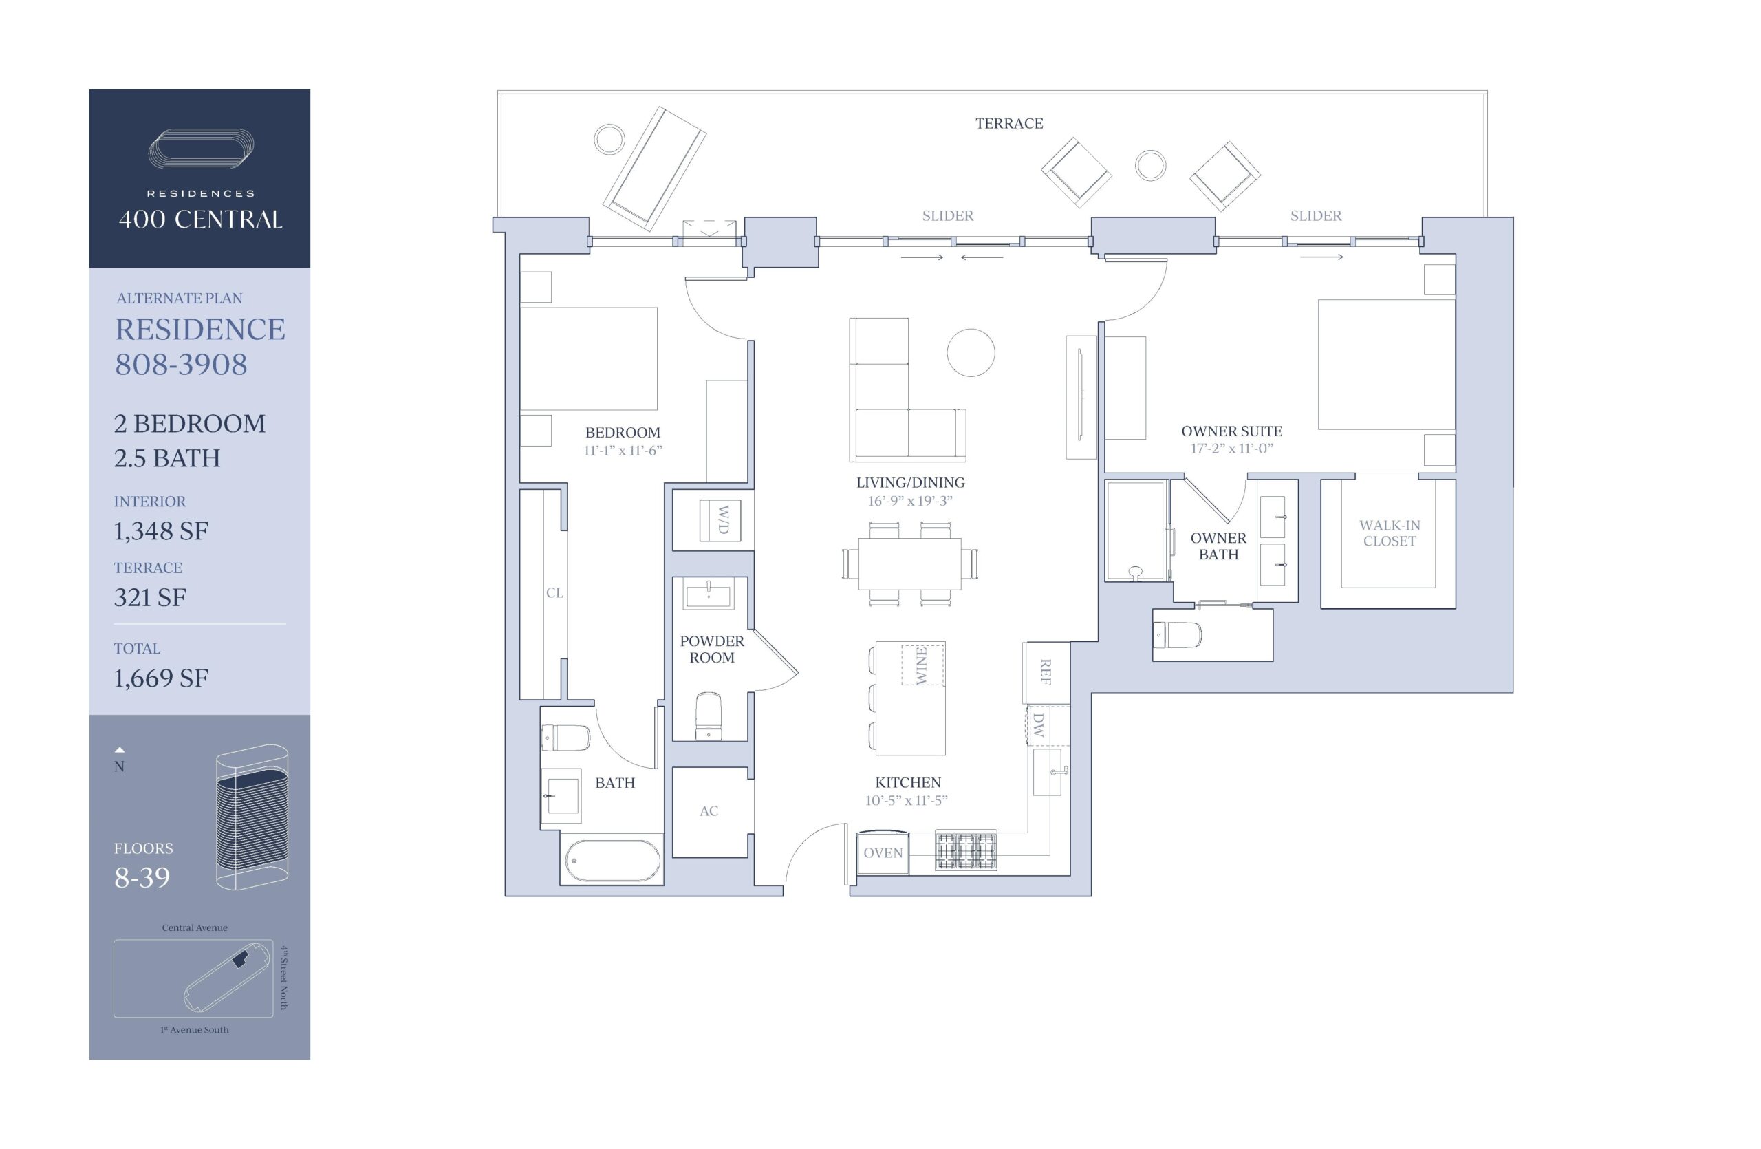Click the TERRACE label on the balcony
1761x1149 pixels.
(x=1008, y=124)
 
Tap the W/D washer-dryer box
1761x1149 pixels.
(x=720, y=520)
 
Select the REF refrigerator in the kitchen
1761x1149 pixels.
(x=1046, y=672)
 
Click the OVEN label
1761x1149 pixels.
(x=883, y=853)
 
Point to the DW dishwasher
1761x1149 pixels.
(x=1039, y=725)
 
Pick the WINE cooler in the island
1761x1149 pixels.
(x=922, y=665)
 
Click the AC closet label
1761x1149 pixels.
(x=708, y=811)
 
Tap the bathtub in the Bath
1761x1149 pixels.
(x=613, y=861)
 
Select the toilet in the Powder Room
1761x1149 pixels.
(x=708, y=716)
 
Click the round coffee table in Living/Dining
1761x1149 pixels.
(x=971, y=353)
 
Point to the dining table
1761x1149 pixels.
(x=909, y=563)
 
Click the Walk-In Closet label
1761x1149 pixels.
(x=1389, y=533)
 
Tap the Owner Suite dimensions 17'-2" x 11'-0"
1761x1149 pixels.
(x=1231, y=449)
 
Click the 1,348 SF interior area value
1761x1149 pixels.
(x=160, y=530)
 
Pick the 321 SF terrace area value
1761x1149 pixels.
(x=149, y=597)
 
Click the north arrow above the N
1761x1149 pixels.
(x=120, y=749)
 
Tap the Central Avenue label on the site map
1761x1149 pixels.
(x=195, y=927)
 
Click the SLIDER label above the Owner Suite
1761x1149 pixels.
(x=1315, y=216)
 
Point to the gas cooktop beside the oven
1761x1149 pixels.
(x=966, y=851)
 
